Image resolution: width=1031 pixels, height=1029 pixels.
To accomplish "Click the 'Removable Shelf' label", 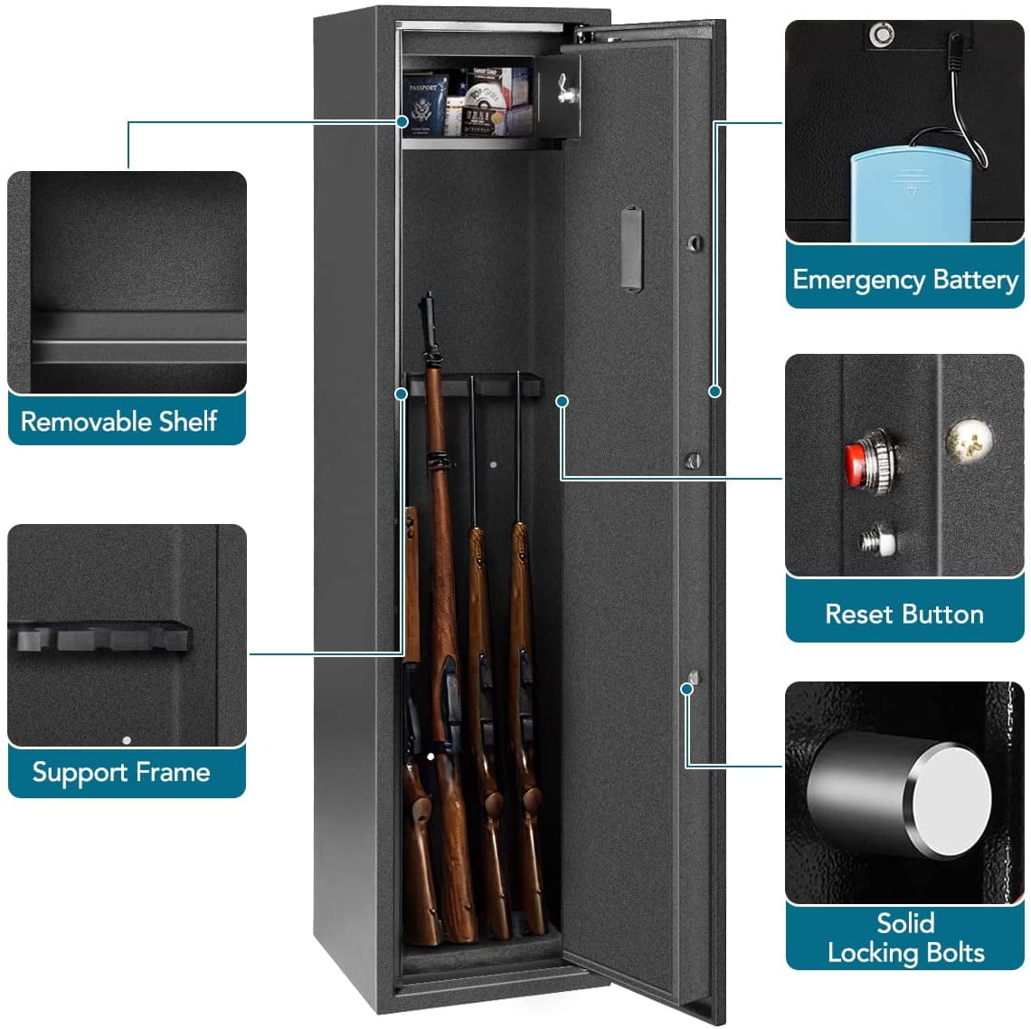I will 118,421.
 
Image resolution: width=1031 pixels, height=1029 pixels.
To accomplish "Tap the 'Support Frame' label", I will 120,772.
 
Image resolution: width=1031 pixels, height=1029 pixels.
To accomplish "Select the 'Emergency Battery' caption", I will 904,280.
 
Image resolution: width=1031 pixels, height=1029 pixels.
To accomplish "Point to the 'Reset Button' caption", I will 904,614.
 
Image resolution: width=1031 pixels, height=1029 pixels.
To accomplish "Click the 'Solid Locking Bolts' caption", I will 905,938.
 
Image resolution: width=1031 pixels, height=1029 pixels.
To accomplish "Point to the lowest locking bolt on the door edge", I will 693,678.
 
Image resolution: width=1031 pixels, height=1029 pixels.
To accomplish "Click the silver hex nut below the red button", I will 876,540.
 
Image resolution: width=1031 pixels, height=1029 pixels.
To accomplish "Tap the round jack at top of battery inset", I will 880,36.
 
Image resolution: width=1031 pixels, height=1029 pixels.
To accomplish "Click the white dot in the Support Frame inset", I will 127,739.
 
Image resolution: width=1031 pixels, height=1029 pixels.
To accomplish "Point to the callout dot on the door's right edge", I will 714,391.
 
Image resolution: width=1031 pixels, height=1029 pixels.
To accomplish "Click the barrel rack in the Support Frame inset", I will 99,638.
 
